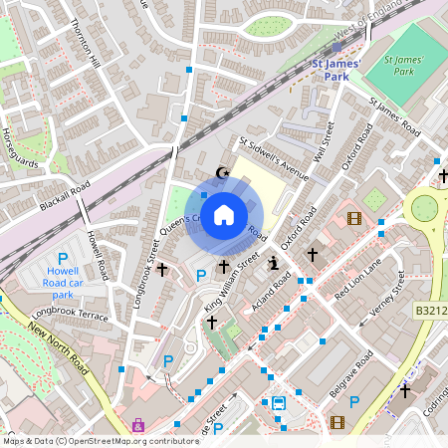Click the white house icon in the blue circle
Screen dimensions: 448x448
tap(224, 214)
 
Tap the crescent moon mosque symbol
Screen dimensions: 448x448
tap(222, 173)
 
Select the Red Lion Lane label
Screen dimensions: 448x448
tap(357, 283)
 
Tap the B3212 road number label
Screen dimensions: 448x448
tap(429, 311)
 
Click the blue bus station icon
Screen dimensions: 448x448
tap(279, 403)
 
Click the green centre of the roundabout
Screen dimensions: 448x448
tap(425, 208)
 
